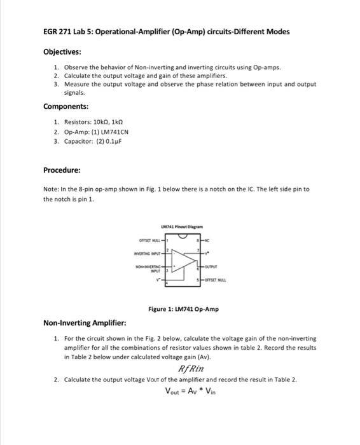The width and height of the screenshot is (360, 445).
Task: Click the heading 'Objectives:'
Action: click(x=62, y=51)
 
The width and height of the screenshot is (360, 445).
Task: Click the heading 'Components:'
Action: click(x=66, y=107)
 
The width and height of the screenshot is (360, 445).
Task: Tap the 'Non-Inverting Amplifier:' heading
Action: click(x=85, y=322)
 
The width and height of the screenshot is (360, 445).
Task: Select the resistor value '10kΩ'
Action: click(x=102, y=122)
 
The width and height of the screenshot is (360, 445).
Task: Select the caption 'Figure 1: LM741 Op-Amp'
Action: click(x=183, y=309)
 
